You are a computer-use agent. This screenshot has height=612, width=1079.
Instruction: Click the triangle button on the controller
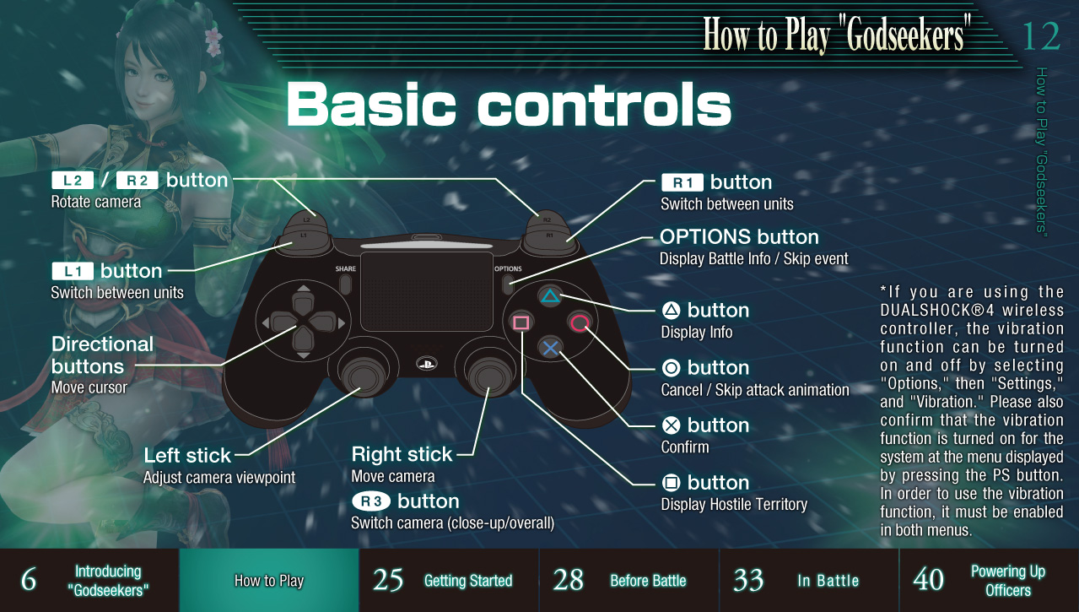pos(550,296)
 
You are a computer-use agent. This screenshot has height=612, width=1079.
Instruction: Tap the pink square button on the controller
pos(521,322)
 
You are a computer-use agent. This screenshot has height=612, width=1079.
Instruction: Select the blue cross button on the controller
pos(550,348)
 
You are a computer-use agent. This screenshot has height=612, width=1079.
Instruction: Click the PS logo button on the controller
pos(426,363)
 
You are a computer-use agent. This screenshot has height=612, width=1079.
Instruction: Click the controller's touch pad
pos(427,291)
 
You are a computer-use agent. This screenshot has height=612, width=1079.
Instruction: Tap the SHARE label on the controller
pos(346,268)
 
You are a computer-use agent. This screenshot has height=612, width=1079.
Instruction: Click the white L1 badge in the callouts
pos(73,271)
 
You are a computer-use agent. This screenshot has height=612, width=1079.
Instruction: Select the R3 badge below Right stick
pos(371,501)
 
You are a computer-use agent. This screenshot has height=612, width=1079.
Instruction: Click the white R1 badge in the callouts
pos(682,182)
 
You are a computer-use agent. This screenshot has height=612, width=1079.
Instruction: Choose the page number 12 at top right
pos(1040,36)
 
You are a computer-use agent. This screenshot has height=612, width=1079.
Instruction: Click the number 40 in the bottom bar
pos(928,580)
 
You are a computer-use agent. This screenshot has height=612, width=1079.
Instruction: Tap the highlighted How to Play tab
pos(269,580)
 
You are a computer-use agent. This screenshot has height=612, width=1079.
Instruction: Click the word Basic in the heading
pos(371,105)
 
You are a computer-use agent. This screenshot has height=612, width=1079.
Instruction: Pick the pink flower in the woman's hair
pos(213,41)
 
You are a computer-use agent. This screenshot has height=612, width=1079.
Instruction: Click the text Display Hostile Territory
pos(734,505)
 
